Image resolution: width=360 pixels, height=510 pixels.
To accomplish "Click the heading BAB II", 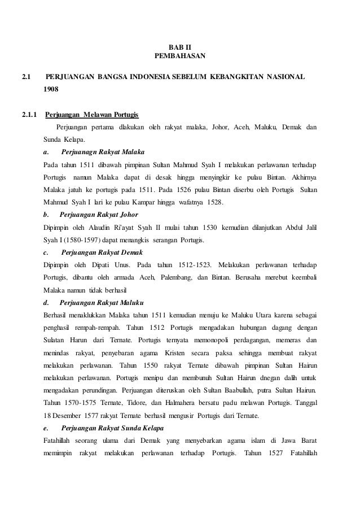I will (x=180, y=47).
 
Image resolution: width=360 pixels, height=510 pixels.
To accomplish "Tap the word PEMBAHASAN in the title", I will (x=180, y=56).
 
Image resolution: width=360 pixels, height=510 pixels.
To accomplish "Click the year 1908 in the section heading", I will (x=52, y=89).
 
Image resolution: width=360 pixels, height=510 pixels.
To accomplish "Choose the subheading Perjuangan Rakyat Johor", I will (x=99, y=215).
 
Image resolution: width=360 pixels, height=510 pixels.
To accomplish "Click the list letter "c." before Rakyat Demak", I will (x=46, y=252).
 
